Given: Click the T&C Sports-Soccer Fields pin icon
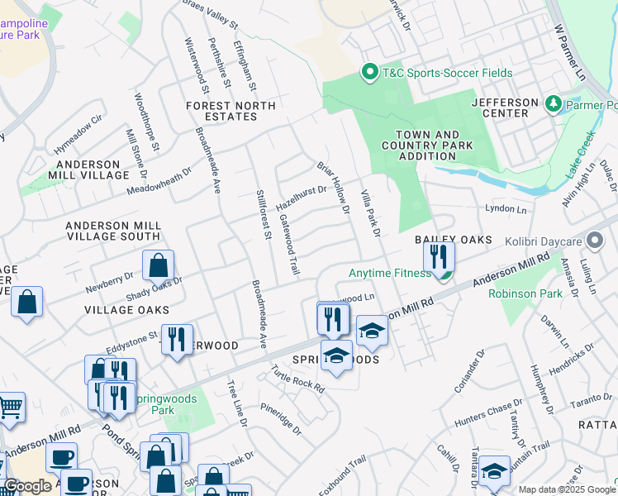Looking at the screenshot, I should [370, 73].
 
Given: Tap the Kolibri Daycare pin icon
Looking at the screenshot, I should [595, 241].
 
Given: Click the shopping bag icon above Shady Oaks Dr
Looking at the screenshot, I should [158, 266].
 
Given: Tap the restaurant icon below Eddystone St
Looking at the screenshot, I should [177, 340].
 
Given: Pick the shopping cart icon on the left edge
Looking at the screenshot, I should [10, 407].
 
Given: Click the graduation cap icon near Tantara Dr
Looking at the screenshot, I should [494, 471].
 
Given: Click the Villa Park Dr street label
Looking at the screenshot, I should [369, 214].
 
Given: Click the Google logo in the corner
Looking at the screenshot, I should [26, 486].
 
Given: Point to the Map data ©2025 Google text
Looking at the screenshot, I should [566, 489].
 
